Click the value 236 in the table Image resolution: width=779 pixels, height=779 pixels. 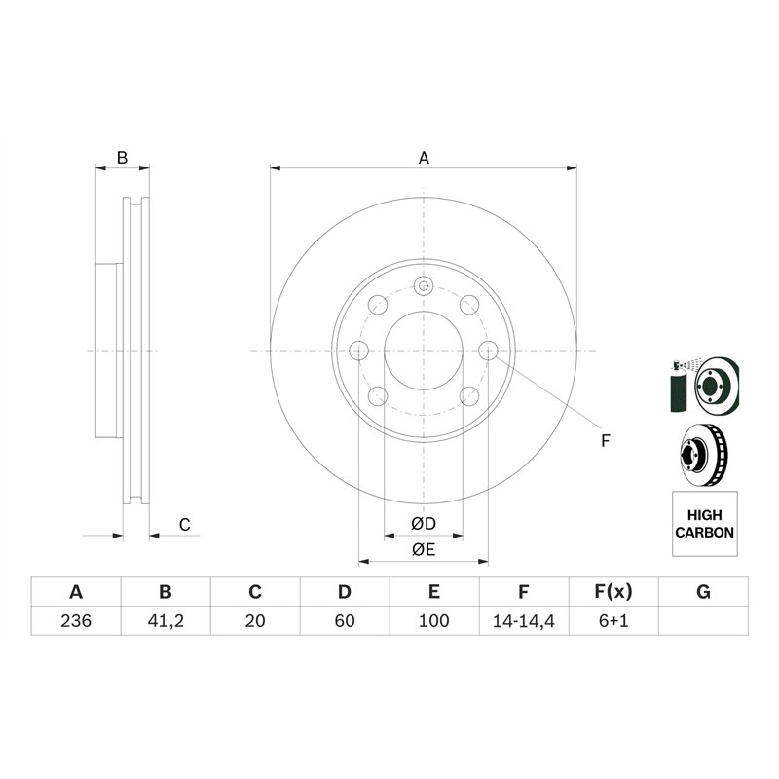(76, 621)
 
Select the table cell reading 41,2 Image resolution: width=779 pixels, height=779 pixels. (166, 621)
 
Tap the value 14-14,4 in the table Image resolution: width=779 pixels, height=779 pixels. (523, 621)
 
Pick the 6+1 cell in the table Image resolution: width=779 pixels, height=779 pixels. (613, 621)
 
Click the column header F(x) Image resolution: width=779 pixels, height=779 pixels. (613, 592)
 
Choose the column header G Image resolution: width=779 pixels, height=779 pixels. (703, 592)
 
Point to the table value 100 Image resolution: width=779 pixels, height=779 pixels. (434, 621)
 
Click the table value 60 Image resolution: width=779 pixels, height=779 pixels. (345, 621)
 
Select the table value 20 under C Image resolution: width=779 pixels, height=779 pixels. (255, 621)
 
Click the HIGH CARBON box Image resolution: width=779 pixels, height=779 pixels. (704, 524)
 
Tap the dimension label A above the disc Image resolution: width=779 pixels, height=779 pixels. (424, 157)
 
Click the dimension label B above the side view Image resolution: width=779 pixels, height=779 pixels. (123, 157)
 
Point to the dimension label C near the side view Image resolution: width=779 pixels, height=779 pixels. (184, 525)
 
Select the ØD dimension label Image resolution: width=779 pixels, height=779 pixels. (423, 525)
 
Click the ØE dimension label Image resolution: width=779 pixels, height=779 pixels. (423, 550)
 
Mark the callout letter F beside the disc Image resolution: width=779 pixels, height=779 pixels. (605, 441)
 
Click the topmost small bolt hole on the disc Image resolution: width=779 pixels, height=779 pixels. (424, 285)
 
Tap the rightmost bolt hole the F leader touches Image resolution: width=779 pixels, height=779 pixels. (490, 351)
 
